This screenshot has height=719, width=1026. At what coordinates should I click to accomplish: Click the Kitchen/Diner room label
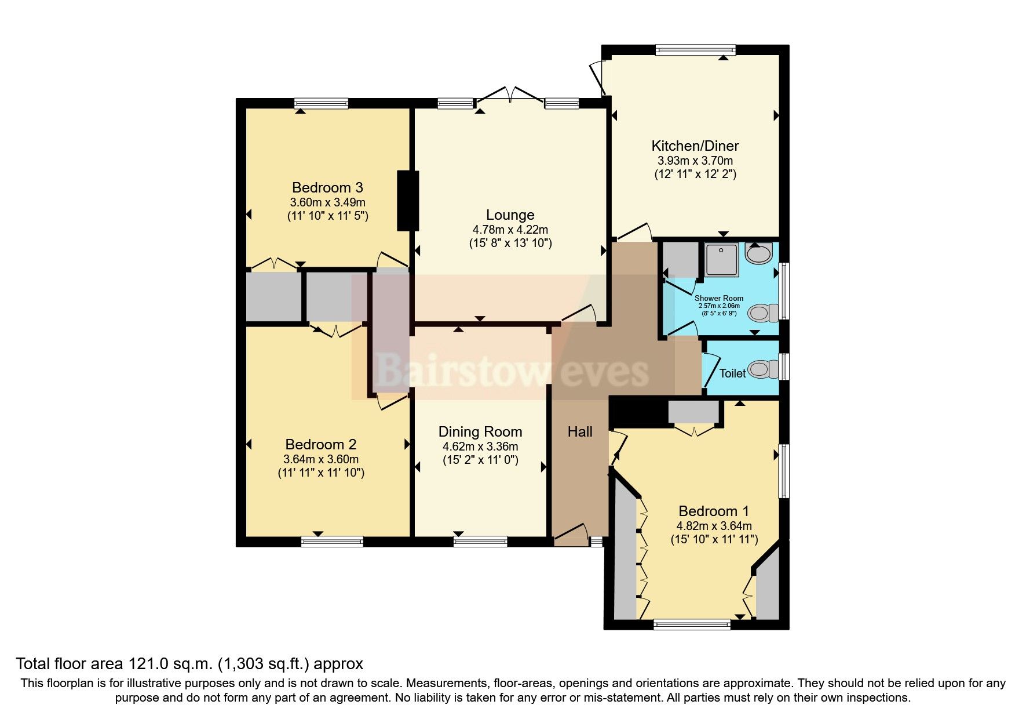click(695, 146)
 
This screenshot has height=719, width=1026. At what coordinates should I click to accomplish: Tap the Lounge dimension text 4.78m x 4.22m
click(510, 230)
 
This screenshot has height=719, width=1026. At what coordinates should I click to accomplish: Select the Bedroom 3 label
click(327, 187)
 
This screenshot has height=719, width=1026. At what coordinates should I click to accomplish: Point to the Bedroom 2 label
click(320, 444)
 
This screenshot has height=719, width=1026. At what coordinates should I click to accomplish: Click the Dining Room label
click(480, 431)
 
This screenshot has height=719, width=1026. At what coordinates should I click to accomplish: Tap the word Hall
click(580, 431)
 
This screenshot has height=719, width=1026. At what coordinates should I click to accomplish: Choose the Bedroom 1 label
click(713, 511)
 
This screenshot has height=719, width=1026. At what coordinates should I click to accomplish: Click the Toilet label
click(732, 373)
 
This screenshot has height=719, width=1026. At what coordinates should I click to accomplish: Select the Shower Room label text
click(718, 298)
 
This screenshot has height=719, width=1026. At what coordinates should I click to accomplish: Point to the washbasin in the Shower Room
click(759, 253)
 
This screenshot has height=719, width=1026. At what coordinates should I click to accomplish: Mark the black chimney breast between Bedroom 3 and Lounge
click(408, 201)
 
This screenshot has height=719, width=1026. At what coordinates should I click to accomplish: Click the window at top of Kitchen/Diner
click(695, 50)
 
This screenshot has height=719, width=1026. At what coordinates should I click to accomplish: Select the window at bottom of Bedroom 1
click(692, 624)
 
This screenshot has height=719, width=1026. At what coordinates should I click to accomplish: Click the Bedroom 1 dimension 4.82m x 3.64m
click(714, 526)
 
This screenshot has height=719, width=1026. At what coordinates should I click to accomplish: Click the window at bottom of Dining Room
click(480, 542)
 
